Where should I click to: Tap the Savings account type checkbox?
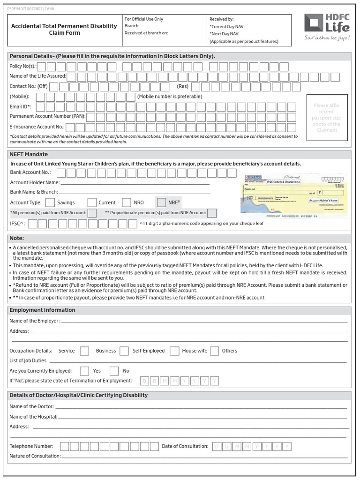click(x=50, y=202)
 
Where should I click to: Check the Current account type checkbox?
click(x=92, y=202)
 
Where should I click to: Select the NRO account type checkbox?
click(x=126, y=202)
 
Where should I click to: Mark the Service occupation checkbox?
click(x=84, y=351)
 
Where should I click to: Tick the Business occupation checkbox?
click(x=124, y=351)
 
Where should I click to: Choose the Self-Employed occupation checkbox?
click(x=174, y=351)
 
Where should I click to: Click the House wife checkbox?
click(x=215, y=351)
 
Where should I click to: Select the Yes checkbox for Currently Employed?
click(x=85, y=371)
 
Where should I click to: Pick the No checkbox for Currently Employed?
click(x=114, y=371)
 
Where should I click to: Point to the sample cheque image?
click(x=294, y=195)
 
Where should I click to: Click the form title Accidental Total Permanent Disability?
click(x=64, y=29)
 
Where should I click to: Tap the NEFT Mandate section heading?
click(x=29, y=154)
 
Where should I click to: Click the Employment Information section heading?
click(x=42, y=310)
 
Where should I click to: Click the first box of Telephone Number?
click(x=65, y=446)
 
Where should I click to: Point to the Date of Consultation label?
click(x=185, y=446)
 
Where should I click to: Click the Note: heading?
click(x=17, y=238)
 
